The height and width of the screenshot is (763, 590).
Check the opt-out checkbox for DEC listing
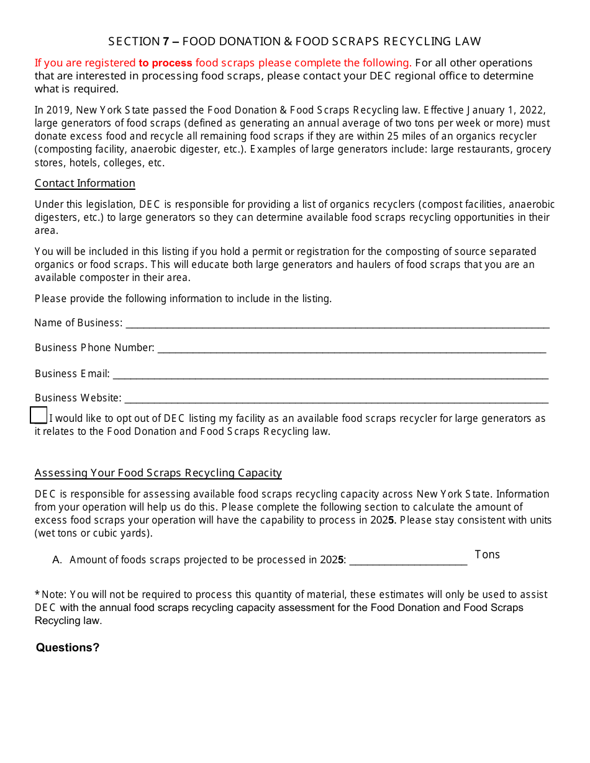pyautogui.click(x=39, y=416)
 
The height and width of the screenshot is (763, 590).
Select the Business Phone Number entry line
pyautogui.click(x=352, y=349)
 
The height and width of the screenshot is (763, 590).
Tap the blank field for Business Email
pyautogui.click(x=330, y=375)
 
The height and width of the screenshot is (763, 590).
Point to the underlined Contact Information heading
pyautogui.click(x=85, y=184)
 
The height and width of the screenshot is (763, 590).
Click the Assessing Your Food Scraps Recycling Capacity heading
pyautogui.click(x=158, y=473)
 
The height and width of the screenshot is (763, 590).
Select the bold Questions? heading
pyautogui.click(x=68, y=648)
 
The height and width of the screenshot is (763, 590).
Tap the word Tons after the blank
pyautogui.click(x=487, y=555)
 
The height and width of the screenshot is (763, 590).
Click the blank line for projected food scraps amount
pyautogui.click(x=408, y=561)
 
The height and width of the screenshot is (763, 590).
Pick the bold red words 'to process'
pyautogui.click(x=165, y=63)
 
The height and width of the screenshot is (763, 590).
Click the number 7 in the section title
pyautogui.click(x=166, y=42)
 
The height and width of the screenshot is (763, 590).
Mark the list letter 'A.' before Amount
pyautogui.click(x=58, y=560)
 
